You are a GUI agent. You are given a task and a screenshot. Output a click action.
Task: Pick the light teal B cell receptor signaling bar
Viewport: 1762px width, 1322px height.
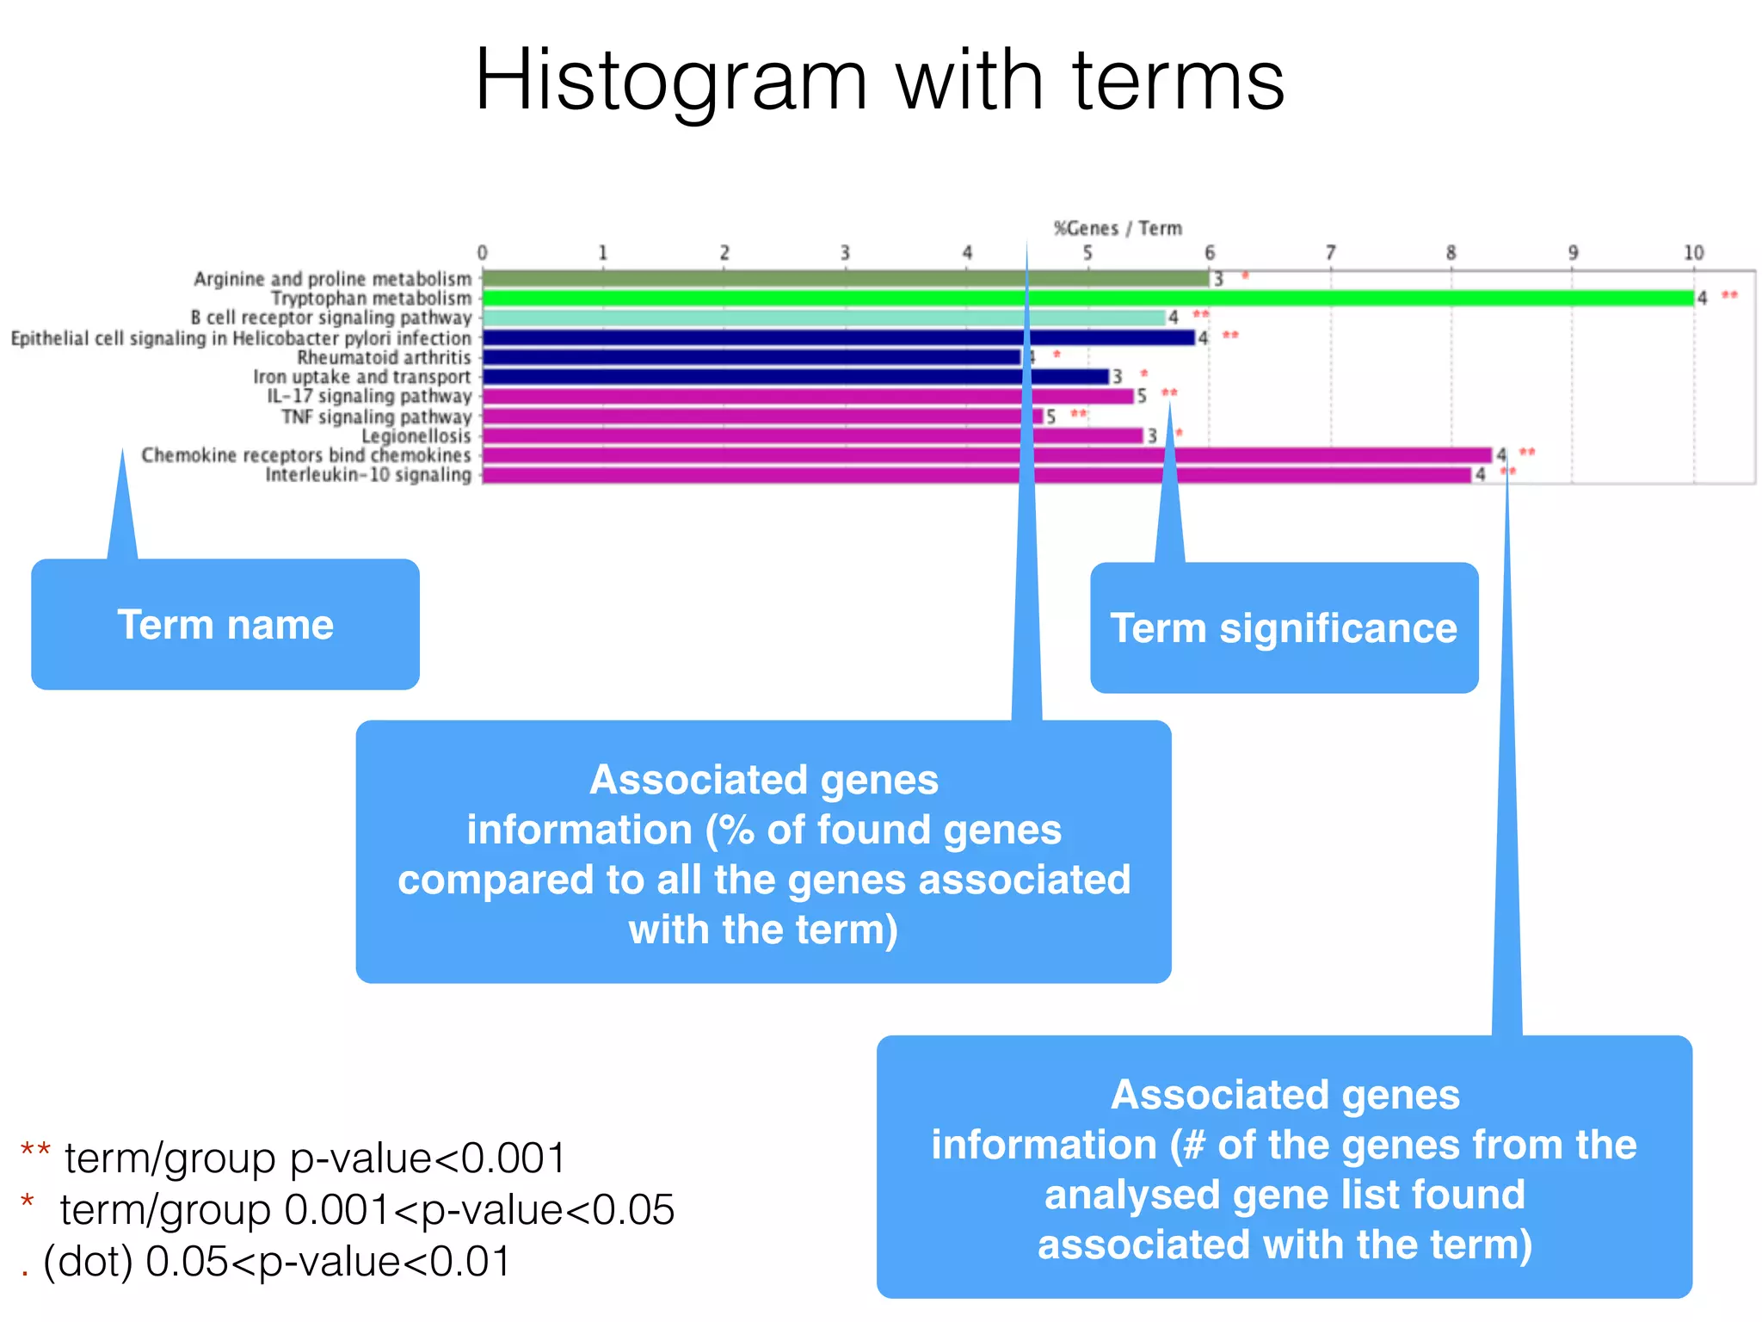[822, 318]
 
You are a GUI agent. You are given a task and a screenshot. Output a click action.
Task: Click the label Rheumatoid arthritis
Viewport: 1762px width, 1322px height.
[384, 357]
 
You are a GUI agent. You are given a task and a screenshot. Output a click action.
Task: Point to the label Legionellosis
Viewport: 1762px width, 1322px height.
[416, 436]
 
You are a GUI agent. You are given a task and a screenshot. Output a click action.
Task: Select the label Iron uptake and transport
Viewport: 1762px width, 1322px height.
[361, 377]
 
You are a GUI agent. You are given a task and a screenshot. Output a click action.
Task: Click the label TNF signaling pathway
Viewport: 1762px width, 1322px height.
[376, 417]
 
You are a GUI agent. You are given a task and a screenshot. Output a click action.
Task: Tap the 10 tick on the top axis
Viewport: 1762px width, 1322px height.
[1693, 253]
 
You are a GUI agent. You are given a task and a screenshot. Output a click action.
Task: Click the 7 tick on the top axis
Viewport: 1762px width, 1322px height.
[1330, 253]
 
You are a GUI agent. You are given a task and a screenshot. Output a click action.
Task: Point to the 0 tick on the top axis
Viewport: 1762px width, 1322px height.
[482, 253]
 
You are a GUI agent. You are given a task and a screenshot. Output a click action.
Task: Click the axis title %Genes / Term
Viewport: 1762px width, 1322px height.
[1118, 228]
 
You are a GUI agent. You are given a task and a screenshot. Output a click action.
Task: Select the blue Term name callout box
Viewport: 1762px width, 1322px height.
[225, 624]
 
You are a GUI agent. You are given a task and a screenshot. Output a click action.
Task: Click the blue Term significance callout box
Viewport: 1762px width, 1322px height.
[1284, 628]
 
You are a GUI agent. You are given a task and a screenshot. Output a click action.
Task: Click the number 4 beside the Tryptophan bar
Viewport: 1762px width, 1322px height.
[1702, 298]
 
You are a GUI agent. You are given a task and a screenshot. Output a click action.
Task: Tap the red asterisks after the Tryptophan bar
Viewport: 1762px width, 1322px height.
[1729, 296]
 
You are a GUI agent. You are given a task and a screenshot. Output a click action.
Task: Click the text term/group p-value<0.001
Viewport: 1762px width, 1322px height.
[315, 1158]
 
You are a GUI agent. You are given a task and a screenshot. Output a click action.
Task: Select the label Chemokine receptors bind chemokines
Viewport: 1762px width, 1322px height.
[306, 455]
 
